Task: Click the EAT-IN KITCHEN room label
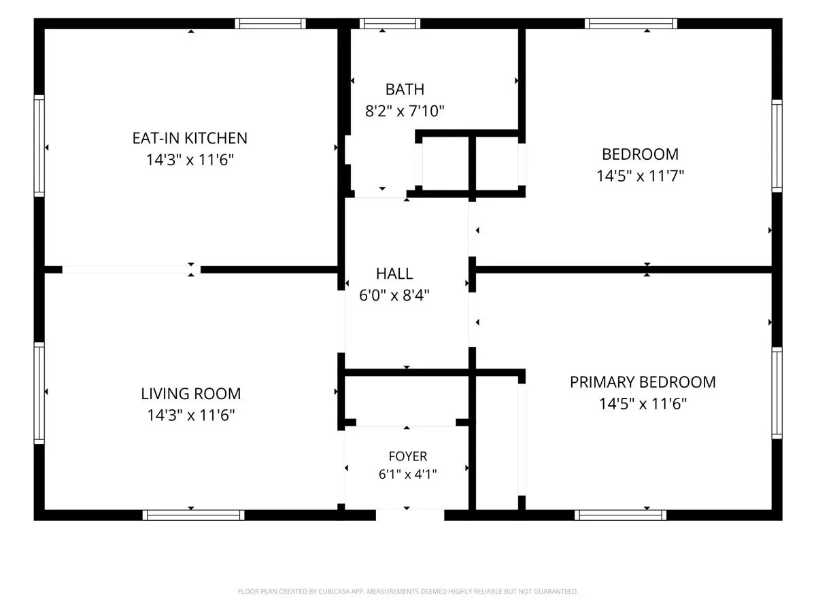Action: click(190, 138)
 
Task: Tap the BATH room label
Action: click(405, 90)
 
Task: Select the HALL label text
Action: click(394, 274)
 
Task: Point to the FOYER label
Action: click(408, 456)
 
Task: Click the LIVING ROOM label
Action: click(190, 394)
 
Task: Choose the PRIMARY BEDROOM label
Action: click(643, 382)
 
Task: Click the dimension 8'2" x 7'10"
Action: click(405, 111)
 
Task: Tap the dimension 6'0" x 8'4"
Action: click(394, 295)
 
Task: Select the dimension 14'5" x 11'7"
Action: click(640, 175)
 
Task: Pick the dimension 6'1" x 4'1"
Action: click(408, 475)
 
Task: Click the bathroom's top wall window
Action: click(390, 23)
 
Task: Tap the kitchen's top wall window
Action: click(270, 23)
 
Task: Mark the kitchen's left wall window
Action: click(39, 146)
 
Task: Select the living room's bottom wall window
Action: click(193, 515)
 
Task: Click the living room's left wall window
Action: click(39, 393)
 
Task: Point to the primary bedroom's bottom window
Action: click(620, 515)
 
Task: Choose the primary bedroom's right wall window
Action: click(777, 393)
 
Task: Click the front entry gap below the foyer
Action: click(410, 515)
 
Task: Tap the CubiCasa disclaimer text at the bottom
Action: click(408, 591)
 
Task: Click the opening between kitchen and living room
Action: click(131, 270)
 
